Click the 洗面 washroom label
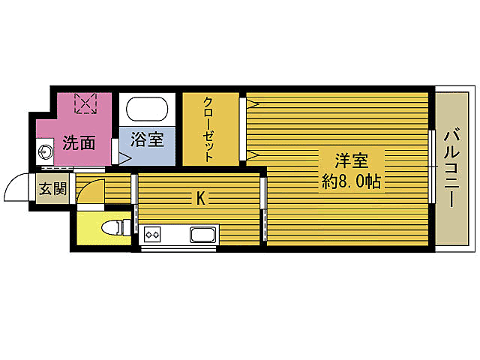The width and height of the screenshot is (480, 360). coord(78,142)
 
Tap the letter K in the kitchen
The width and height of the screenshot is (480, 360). coord(200,198)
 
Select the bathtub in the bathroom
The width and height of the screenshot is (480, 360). coord(147,111)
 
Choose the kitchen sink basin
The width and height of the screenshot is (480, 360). coord(202,235)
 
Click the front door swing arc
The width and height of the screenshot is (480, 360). coord(16,189)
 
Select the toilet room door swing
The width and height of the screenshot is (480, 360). coord(88,193)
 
